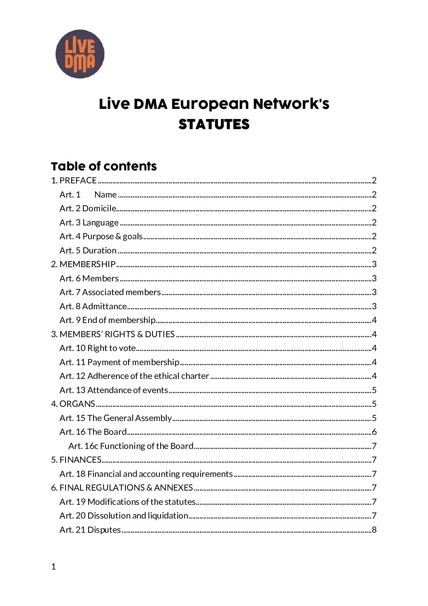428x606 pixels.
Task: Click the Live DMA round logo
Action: coord(80,54)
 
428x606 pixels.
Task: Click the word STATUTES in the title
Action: coord(214,124)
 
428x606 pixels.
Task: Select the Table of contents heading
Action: coord(104,166)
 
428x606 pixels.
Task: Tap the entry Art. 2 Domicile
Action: coord(88,208)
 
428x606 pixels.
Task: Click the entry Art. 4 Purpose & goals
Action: coord(101,236)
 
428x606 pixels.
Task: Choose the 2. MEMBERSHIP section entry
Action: coord(83,264)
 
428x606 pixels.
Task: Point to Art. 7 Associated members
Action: coord(110,292)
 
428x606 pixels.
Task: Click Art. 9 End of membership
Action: coord(108,320)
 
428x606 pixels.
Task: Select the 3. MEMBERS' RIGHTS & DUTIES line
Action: coord(113,334)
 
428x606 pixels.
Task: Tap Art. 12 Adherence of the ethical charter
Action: coord(134,376)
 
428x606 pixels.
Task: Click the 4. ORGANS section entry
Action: coord(73,404)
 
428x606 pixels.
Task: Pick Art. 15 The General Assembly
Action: coord(116,418)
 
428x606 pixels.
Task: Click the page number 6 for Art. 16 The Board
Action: coord(374,432)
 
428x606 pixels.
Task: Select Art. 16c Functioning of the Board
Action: coord(131,446)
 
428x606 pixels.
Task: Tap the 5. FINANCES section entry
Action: coord(76,460)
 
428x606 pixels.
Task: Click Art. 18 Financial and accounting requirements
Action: coord(146,474)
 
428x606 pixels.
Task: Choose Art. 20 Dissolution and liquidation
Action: coord(124,516)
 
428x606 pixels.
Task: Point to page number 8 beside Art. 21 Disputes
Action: coord(374,530)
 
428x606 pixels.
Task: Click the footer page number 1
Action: coord(53,567)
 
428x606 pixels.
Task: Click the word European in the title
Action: coord(210,104)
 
